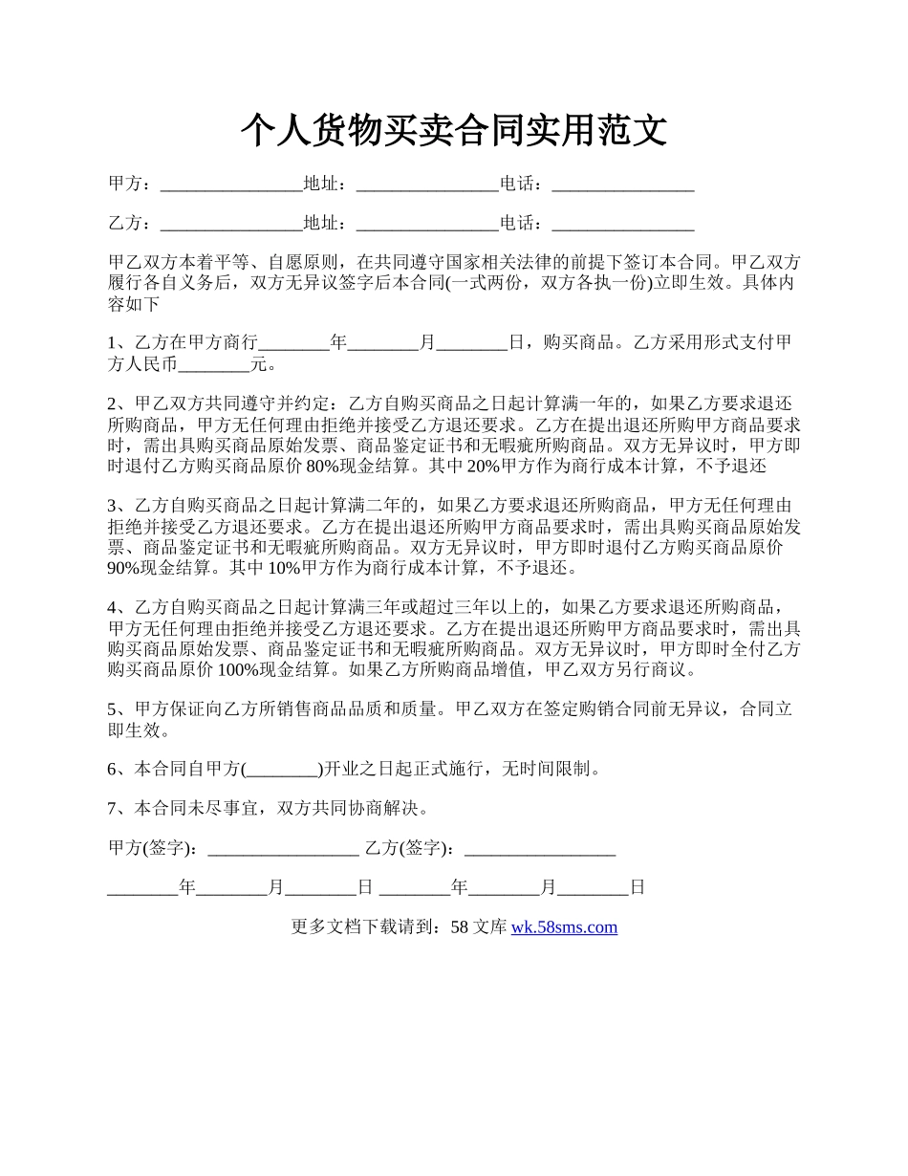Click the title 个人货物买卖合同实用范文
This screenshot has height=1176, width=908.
(453, 131)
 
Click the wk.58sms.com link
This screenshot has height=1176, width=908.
(564, 926)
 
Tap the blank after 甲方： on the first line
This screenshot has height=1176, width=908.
(231, 185)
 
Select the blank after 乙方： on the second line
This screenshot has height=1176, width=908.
(231, 225)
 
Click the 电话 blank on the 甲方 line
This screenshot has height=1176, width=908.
(623, 185)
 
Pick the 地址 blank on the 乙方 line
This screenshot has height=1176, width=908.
(427, 225)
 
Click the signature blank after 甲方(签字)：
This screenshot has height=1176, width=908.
(283, 848)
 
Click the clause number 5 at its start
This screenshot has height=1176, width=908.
(113, 709)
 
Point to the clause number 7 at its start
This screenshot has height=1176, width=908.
(113, 808)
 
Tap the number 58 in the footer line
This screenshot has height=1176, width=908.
(459, 926)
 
